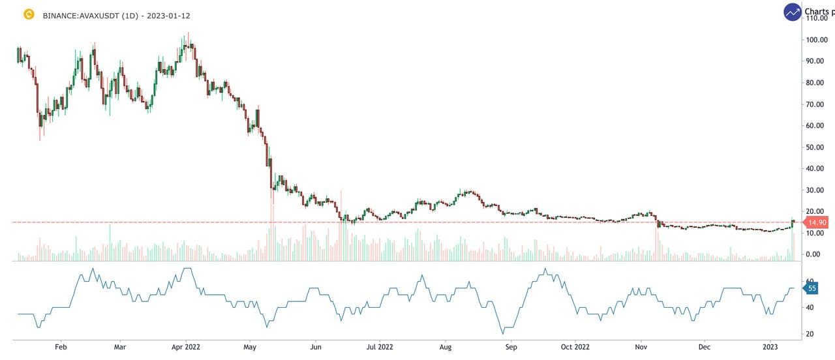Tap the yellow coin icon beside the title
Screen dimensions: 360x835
pyautogui.click(x=29, y=14)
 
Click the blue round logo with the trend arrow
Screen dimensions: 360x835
pyautogui.click(x=793, y=12)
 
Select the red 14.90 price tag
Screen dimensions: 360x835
pyautogui.click(x=817, y=222)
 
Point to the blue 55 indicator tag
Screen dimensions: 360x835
pyautogui.click(x=812, y=288)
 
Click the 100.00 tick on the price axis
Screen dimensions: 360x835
pyautogui.click(x=817, y=40)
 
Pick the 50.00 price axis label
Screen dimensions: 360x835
pyautogui.click(x=815, y=147)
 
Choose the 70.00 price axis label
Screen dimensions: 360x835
pyautogui.click(x=815, y=104)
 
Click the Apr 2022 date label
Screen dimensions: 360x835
pyautogui.click(x=187, y=348)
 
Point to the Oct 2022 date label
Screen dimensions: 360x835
pyautogui.click(x=575, y=348)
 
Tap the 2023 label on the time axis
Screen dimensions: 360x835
pyautogui.click(x=771, y=348)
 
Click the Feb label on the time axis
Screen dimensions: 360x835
pyautogui.click(x=61, y=348)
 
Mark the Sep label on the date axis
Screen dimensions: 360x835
pyautogui.click(x=511, y=348)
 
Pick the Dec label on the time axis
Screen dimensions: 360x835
pyautogui.click(x=704, y=348)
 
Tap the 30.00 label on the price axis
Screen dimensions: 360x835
pyautogui.click(x=815, y=190)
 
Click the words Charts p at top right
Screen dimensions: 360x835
pyautogui.click(x=819, y=12)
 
